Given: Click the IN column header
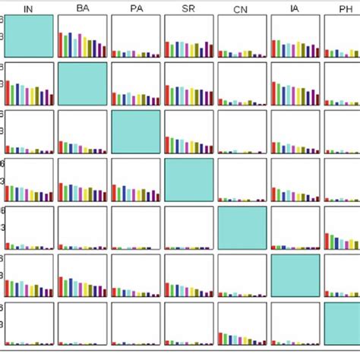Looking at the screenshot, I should [28, 8].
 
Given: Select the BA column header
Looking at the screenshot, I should [83, 8].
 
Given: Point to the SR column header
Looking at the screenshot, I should [188, 8].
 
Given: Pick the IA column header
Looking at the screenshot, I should [295, 8].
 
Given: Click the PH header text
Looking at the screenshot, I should [343, 8].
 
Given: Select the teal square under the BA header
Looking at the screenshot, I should [82, 84].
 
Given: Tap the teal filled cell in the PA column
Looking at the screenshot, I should [135, 132].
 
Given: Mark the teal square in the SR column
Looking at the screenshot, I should [188, 180].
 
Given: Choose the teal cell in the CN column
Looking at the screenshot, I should [242, 227].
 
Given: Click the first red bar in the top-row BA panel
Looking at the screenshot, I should [61, 46].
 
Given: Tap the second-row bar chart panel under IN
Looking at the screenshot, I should [29, 84].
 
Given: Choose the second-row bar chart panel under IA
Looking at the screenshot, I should [295, 84].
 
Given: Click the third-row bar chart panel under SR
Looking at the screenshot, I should [188, 132].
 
